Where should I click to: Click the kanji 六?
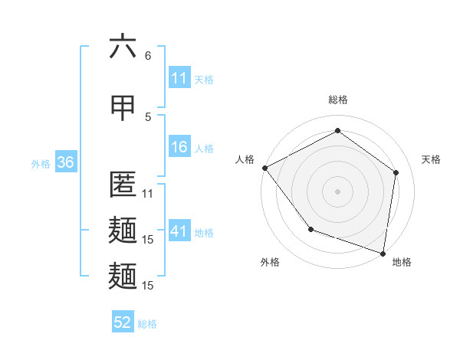click(x=123, y=47)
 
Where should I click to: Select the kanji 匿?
click(x=123, y=185)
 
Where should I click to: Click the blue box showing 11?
click(x=179, y=78)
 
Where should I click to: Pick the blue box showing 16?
click(x=179, y=148)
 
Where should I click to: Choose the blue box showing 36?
click(x=64, y=163)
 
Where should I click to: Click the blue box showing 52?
click(x=123, y=323)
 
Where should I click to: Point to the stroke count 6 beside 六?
click(x=148, y=56)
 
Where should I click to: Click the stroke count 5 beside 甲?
click(x=148, y=116)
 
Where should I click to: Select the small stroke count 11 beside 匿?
click(x=148, y=194)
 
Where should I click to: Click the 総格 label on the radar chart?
click(x=337, y=100)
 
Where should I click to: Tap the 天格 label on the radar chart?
click(x=432, y=159)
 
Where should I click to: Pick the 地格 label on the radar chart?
click(x=402, y=262)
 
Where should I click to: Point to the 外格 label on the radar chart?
click(x=270, y=262)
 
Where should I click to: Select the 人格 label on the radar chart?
click(x=245, y=159)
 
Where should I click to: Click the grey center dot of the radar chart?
click(x=337, y=191)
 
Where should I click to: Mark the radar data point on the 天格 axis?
click(x=396, y=172)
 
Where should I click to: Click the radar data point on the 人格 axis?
click(x=264, y=168)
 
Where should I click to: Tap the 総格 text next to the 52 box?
click(x=147, y=324)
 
